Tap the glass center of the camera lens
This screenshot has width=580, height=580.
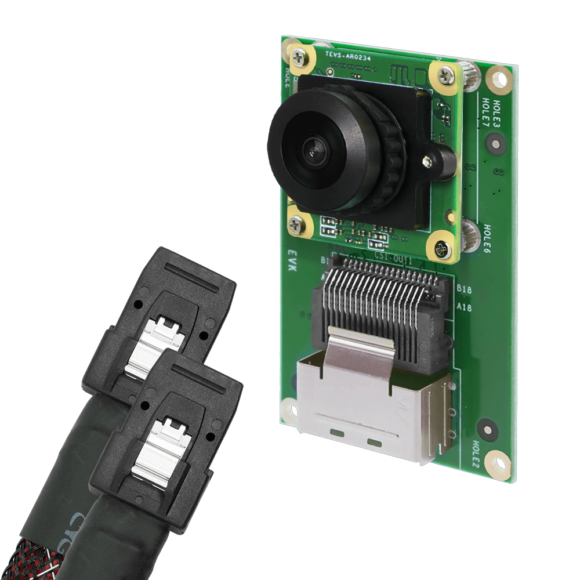click(316, 152)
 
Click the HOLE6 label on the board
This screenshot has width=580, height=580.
click(487, 239)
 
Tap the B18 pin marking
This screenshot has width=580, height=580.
click(464, 288)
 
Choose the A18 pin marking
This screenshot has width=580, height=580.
click(464, 308)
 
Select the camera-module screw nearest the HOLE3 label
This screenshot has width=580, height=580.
click(445, 74)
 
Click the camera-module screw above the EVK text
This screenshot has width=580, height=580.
click(298, 223)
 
